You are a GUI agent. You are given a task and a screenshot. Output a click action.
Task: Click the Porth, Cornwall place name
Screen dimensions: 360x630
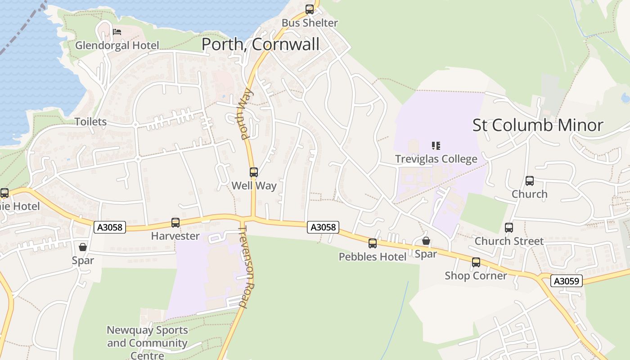tap(261, 44)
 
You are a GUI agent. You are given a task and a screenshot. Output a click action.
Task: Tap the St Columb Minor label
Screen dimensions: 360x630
tap(538, 125)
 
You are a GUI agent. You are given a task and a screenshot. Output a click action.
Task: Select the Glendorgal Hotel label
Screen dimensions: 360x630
tap(117, 45)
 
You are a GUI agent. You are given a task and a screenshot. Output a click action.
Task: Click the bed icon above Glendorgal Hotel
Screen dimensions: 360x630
tap(117, 31)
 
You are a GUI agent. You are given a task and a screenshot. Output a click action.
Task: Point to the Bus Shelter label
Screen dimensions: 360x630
tap(310, 23)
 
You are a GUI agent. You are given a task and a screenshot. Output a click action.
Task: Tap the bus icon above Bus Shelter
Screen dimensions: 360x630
tap(310, 9)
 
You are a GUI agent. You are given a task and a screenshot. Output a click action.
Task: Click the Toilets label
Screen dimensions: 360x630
tap(90, 122)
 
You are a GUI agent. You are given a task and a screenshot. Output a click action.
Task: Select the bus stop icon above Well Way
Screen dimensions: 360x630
tap(254, 172)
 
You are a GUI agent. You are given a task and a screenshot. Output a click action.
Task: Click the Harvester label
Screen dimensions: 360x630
tap(175, 236)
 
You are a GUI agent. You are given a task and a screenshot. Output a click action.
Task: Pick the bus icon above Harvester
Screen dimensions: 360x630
tap(175, 222)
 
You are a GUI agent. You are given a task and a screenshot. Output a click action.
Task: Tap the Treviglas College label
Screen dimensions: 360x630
tap(436, 159)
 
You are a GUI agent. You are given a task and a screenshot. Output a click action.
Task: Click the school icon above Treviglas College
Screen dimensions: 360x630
tap(436, 145)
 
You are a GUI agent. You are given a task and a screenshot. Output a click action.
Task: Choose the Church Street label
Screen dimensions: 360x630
tap(509, 241)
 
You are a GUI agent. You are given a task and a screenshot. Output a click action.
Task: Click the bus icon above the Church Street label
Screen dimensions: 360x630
tap(509, 228)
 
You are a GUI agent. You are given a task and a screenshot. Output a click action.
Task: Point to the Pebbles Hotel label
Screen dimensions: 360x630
tap(373, 256)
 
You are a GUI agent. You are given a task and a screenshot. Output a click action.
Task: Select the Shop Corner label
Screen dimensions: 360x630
tap(476, 275)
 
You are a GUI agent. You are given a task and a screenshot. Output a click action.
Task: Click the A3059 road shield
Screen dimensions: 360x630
tap(567, 281)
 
